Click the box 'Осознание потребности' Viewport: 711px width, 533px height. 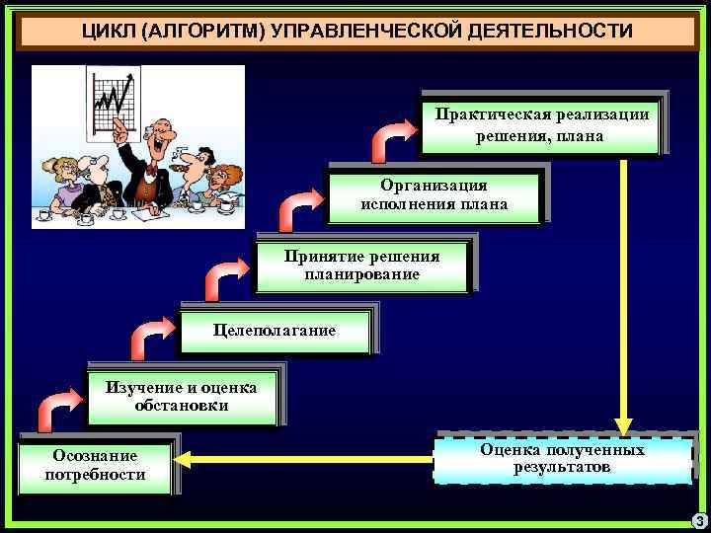[x=96, y=464]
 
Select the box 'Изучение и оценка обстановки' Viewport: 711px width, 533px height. [x=182, y=397]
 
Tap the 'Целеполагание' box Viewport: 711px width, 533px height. [x=275, y=331]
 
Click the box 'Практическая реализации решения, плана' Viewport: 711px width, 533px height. [x=539, y=124]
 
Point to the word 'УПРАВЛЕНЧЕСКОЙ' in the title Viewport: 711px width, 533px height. [x=341, y=33]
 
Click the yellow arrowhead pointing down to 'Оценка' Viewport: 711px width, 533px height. [x=624, y=419]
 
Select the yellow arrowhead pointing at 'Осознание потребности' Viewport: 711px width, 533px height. [x=187, y=459]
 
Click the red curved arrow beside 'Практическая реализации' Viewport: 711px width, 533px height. [x=392, y=139]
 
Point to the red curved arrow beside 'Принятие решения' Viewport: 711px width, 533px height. [x=226, y=276]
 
